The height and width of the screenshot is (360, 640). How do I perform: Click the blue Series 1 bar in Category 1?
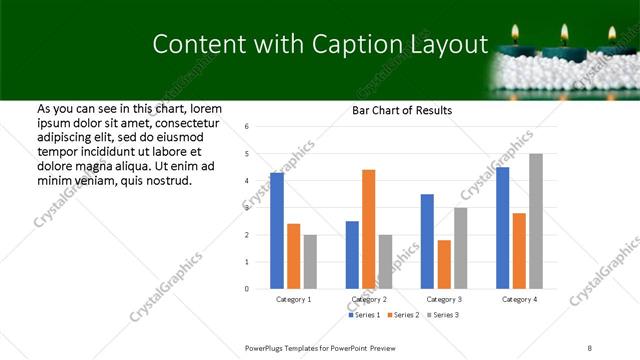point(277,231)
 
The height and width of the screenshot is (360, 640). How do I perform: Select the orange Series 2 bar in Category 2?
point(368,229)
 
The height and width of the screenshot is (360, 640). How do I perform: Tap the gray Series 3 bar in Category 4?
point(536,221)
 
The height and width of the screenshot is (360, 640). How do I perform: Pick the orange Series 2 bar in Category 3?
point(444,264)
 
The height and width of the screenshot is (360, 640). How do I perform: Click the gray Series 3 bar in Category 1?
point(310,262)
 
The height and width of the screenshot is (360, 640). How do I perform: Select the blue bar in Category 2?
point(352,255)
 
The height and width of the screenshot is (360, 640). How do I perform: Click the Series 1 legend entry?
point(364,315)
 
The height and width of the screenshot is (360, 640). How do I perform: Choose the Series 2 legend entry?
point(404,315)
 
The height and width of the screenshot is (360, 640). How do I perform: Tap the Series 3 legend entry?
point(444,315)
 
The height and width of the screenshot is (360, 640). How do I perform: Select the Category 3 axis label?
point(444,299)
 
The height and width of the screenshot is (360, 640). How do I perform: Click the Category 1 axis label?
point(294,299)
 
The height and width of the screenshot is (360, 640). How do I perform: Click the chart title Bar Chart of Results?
point(403,110)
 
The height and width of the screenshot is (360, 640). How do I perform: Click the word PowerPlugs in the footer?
point(268,348)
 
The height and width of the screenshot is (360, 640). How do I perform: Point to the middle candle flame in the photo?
point(565,33)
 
